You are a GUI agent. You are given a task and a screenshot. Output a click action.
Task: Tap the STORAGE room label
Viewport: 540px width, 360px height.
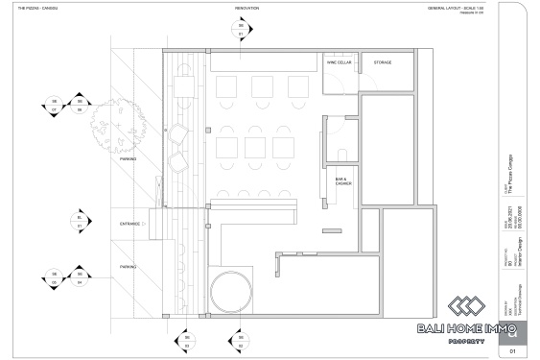[383, 61]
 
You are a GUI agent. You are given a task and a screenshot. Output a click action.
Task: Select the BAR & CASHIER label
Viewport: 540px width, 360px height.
[342, 181]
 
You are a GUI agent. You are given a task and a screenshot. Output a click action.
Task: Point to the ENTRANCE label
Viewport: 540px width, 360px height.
[129, 224]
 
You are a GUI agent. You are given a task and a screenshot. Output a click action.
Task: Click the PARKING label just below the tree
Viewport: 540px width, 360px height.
[128, 159]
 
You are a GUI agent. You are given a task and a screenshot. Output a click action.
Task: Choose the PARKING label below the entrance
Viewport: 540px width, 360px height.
[128, 266]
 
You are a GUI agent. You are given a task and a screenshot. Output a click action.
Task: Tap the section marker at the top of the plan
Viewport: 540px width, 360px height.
[241, 29]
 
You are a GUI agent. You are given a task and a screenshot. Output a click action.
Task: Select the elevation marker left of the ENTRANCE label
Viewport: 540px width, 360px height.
[81, 224]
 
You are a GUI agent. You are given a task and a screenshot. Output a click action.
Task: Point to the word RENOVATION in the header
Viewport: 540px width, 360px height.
[247, 8]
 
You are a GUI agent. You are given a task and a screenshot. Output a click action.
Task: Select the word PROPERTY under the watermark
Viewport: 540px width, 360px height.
[471, 342]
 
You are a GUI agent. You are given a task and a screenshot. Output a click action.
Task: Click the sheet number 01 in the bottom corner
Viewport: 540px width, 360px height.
[513, 351]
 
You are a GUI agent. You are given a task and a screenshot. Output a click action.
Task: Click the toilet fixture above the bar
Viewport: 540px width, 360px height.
[343, 154]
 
